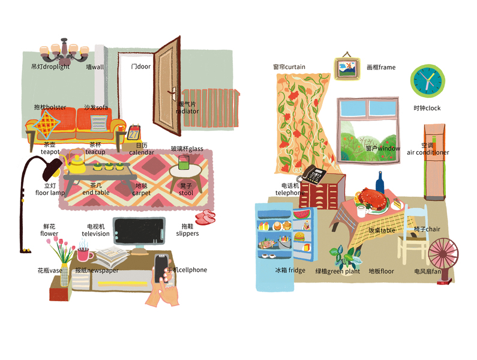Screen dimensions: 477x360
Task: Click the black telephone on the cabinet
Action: point(314,175)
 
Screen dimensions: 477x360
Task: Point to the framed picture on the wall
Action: point(346,68)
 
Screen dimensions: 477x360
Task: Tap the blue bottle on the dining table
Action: point(379,183)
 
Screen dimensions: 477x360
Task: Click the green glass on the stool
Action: point(184,161)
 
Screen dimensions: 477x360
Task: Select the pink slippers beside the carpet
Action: point(205,217)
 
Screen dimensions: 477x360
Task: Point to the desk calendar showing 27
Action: point(133,132)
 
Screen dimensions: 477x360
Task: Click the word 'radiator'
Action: point(187,112)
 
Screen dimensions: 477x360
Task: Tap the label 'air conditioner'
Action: point(427,152)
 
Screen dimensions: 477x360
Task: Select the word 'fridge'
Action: point(297,271)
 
